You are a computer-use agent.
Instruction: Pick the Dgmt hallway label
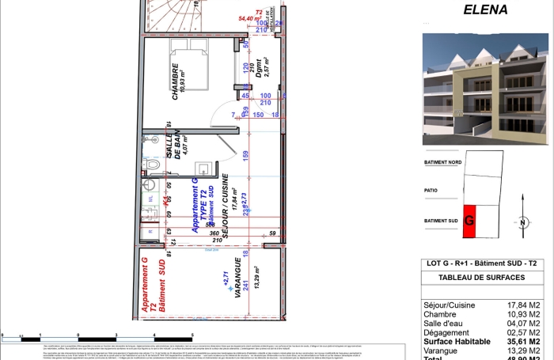[256, 79]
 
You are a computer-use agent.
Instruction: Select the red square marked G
[469, 221]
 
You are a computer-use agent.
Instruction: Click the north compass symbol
[523, 222]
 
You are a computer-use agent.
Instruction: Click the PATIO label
[431, 191]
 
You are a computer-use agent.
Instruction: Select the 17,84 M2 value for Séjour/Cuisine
[523, 304]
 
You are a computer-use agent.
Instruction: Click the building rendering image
[484, 89]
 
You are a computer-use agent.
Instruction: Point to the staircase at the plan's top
[171, 16]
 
